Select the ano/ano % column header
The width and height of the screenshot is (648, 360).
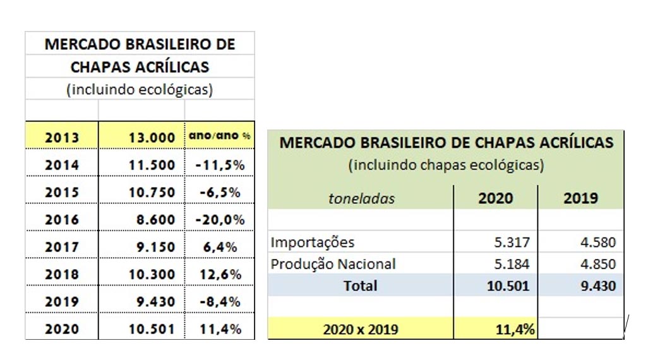pos(219,136)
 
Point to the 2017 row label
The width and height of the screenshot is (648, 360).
pos(62,247)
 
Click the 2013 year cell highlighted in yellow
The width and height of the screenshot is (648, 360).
pos(62,138)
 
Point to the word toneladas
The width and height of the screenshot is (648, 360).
pos(361,198)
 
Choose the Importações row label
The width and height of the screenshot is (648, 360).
pos(313,242)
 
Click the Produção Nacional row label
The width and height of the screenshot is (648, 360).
pos(333,263)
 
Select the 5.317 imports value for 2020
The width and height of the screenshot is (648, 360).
pos(512,242)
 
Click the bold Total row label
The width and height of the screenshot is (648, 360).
pos(360,285)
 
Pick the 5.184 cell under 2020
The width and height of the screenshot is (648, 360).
pos(512,263)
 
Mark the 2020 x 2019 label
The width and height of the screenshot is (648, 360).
pos(360,329)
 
